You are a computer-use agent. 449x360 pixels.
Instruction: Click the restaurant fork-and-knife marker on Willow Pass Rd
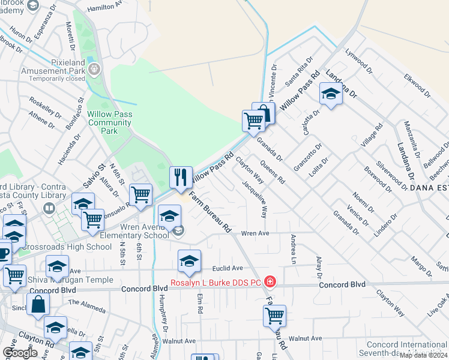pyautogui.click(x=181, y=177)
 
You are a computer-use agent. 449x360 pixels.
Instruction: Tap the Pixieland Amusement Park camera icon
pyautogui.click(x=94, y=70)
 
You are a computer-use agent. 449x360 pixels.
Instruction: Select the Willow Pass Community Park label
pyautogui.click(x=109, y=122)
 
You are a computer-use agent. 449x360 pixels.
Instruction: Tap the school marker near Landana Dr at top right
pyautogui.click(x=330, y=94)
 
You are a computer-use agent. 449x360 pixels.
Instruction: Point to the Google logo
pyautogui.click(x=19, y=353)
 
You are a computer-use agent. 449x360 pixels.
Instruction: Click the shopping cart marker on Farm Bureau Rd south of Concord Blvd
pyautogui.click(x=274, y=315)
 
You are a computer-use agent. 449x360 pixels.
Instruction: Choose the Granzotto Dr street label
pyautogui.click(x=309, y=157)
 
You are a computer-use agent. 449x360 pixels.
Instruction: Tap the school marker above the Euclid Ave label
pyautogui.click(x=189, y=260)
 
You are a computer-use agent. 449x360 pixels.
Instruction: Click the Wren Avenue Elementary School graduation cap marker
pyautogui.click(x=170, y=215)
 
